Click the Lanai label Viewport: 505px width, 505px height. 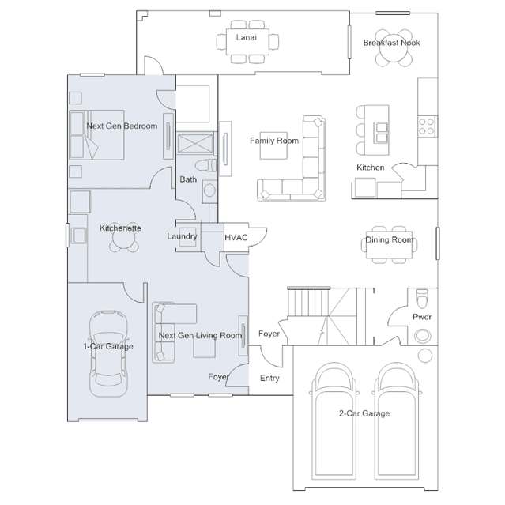247,37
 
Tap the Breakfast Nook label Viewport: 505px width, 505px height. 391,43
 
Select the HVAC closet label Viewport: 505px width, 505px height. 236,238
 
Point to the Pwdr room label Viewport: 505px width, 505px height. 422,317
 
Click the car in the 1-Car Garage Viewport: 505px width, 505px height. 108,353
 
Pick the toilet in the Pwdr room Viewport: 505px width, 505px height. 422,298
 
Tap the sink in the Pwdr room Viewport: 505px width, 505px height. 422,336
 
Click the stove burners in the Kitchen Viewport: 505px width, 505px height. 427,126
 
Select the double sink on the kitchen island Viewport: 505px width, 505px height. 382,132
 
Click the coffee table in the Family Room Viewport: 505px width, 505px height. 273,145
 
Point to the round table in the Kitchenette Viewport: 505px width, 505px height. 123,240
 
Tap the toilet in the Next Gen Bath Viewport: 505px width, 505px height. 205,166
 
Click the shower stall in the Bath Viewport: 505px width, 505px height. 195,143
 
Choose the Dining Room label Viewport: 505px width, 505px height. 389,239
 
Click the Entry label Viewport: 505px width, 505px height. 269,378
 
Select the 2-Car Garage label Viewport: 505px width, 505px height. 364,413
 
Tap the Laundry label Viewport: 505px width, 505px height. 182,236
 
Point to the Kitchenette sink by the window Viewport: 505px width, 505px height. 78,235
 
